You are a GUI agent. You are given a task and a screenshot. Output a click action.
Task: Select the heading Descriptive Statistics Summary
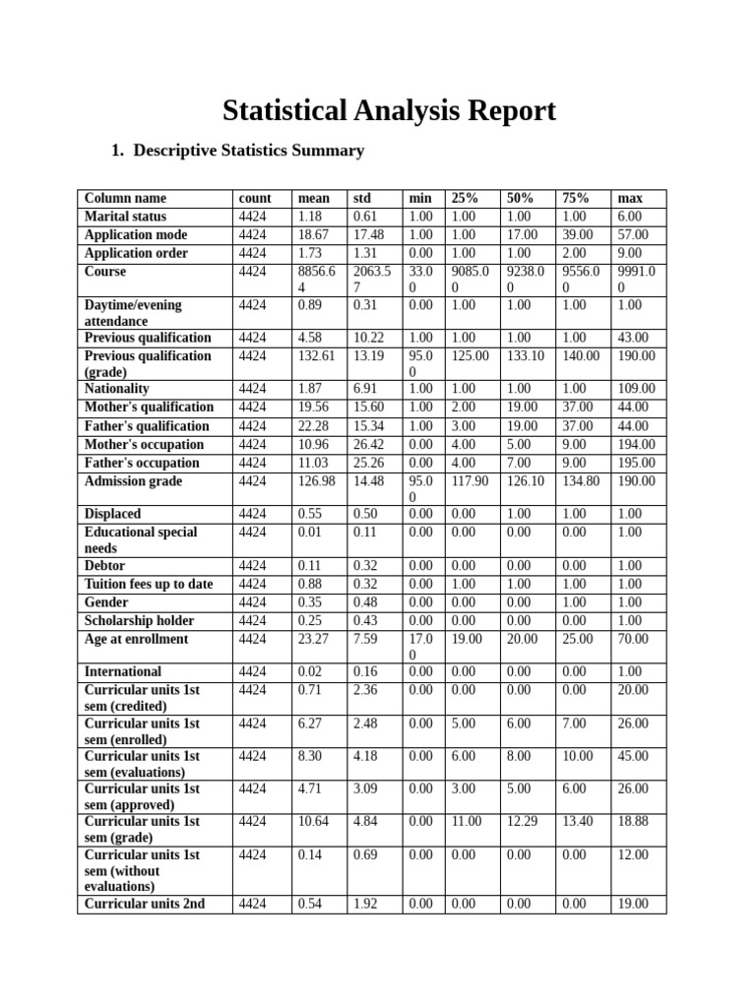[x=248, y=151]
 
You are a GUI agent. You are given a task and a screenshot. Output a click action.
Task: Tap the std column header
[x=361, y=198]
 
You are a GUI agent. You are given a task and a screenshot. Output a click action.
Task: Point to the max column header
[x=627, y=198]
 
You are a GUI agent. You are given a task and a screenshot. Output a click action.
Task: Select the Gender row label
[x=106, y=601]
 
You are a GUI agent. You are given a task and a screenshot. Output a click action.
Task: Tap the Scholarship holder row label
[x=139, y=620]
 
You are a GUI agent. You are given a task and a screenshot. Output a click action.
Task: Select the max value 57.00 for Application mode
[x=633, y=234]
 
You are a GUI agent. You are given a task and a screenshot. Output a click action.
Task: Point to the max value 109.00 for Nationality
[x=636, y=389]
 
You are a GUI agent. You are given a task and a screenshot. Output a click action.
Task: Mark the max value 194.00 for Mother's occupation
[x=636, y=444]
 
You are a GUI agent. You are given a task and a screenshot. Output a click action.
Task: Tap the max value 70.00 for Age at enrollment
[x=633, y=639]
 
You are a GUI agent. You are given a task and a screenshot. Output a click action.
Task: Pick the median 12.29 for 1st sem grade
[x=522, y=821]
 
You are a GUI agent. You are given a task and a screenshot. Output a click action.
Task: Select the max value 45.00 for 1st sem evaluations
[x=633, y=756]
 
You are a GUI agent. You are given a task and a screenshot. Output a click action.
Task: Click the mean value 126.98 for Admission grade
[x=316, y=481]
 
